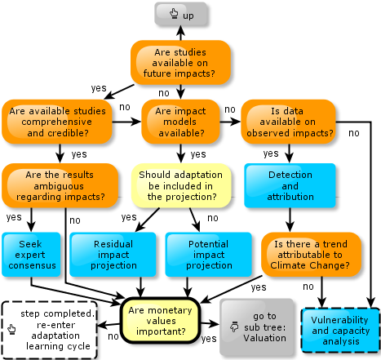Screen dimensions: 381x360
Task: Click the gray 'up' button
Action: (x=181, y=14)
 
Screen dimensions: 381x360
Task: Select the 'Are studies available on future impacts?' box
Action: (x=180, y=63)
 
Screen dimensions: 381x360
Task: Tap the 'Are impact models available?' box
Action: (x=180, y=122)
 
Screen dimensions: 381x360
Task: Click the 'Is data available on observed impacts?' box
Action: (x=288, y=122)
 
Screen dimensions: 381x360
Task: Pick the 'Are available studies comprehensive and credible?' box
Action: (x=57, y=122)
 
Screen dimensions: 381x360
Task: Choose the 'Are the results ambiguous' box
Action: (x=60, y=185)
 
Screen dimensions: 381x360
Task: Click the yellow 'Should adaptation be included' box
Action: (x=181, y=185)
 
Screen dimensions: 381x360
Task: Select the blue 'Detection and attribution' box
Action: (x=290, y=185)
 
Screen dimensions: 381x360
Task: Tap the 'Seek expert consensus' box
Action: (x=31, y=255)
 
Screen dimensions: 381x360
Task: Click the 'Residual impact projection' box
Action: (x=113, y=255)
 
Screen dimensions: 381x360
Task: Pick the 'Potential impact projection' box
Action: (x=209, y=255)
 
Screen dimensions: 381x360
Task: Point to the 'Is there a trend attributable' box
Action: (x=311, y=255)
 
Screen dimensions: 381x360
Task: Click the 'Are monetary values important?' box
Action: (x=161, y=321)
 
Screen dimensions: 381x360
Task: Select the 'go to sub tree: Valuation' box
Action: (x=257, y=327)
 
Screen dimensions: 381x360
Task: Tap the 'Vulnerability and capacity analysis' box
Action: (x=340, y=331)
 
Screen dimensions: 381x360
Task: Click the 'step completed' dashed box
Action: (x=49, y=330)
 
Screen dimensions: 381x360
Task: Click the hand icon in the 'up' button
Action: (x=174, y=13)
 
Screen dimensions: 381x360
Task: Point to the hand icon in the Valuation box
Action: (x=234, y=327)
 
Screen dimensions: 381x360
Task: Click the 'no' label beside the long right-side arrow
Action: (x=354, y=133)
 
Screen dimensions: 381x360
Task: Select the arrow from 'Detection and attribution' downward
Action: (x=290, y=220)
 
